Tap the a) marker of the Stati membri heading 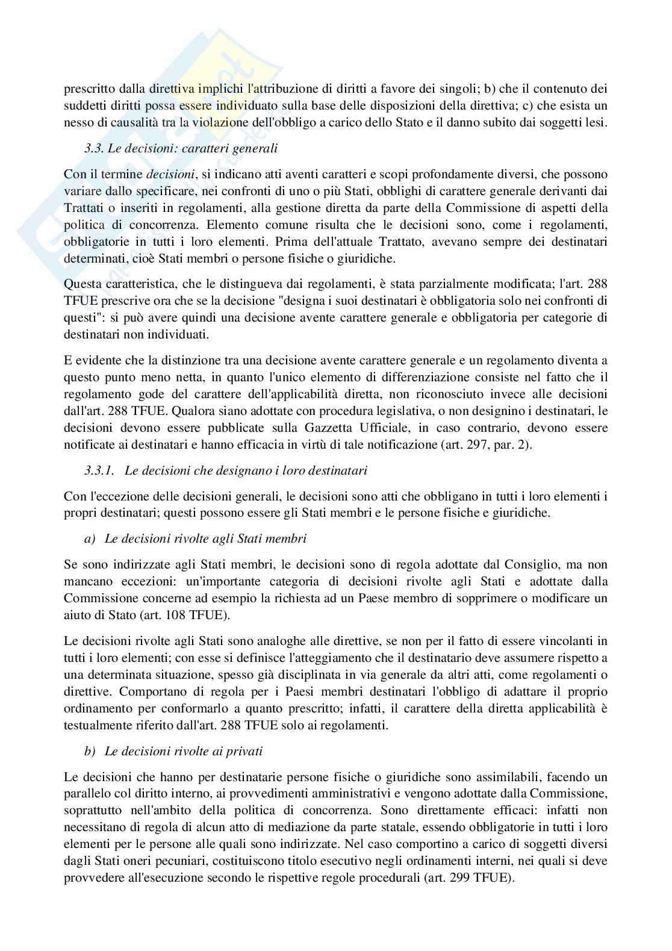coord(90,538)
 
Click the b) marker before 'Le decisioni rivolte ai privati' coord(90,752)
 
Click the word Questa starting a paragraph coord(81,283)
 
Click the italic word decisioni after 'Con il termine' coord(170,175)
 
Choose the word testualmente coord(96,725)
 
